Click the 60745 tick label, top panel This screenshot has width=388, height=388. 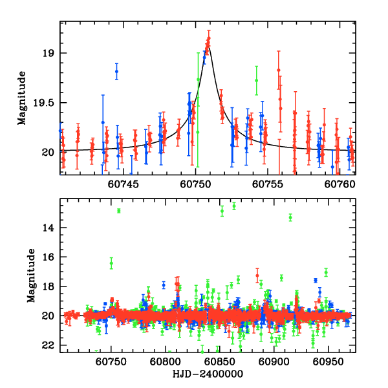123,184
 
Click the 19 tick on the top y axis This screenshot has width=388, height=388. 50,53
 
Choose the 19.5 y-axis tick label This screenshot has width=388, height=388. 45,103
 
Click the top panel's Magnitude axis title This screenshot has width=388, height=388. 22,98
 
